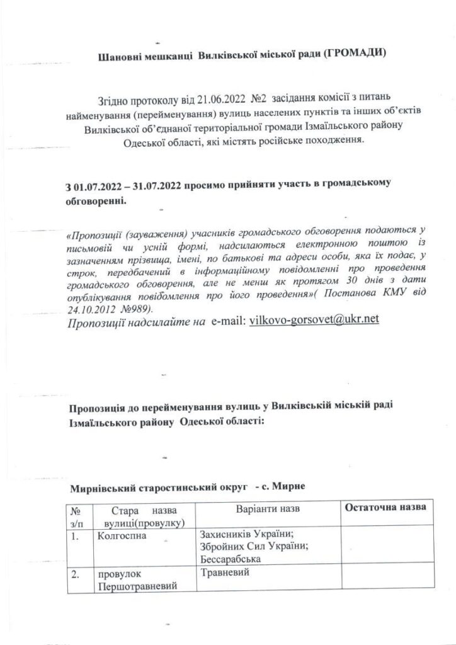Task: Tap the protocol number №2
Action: (x=259, y=98)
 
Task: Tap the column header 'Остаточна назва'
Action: (x=385, y=508)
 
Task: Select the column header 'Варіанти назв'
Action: (x=268, y=508)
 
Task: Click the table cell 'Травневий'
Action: (x=224, y=574)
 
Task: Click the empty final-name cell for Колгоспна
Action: (x=385, y=547)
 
